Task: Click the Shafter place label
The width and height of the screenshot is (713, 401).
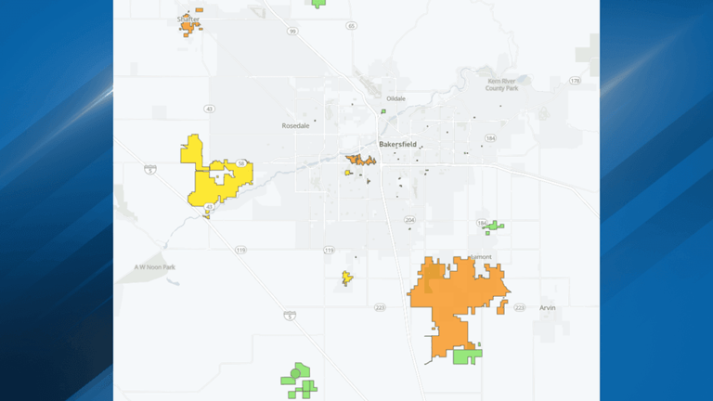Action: (188, 19)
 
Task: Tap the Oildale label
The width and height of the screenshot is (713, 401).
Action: (396, 98)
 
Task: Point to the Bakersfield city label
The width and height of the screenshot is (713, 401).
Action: (398, 144)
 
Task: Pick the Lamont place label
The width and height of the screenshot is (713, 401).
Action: (480, 256)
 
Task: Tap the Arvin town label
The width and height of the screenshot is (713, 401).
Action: (549, 307)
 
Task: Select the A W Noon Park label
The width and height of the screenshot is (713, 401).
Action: (155, 267)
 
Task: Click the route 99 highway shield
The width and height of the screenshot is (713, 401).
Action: (292, 32)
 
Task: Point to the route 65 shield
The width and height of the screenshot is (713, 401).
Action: (352, 25)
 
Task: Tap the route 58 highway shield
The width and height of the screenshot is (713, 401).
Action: (240, 163)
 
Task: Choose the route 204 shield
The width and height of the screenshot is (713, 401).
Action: (408, 220)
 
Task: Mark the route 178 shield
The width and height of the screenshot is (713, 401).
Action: (575, 81)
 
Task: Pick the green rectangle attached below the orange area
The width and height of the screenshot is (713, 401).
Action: (467, 355)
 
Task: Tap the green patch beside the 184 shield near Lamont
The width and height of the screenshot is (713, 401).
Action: (495, 226)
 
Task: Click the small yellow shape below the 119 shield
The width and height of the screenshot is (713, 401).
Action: (346, 277)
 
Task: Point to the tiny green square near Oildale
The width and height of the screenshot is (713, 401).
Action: (383, 111)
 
